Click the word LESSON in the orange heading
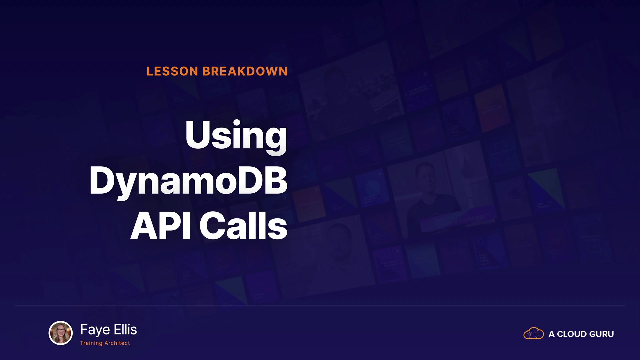pos(172,71)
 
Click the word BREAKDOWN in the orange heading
pos(245,71)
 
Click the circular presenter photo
pos(61,333)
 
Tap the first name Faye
pos(95,330)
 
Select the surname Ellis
pos(126,329)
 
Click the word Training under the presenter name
pos(91,343)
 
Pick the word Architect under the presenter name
pos(117,343)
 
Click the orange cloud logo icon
pos(534,333)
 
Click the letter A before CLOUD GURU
pos(552,334)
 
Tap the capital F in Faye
pos(84,329)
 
